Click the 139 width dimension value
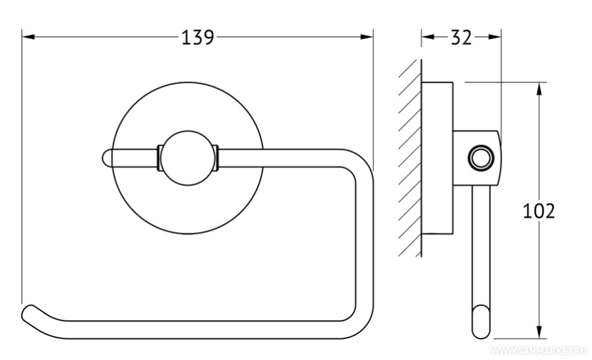pyautogui.click(x=198, y=38)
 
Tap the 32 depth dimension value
pyautogui.click(x=461, y=38)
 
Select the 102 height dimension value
pyautogui.click(x=539, y=211)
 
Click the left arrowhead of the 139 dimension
pyautogui.click(x=29, y=37)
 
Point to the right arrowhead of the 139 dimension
pyautogui.click(x=367, y=37)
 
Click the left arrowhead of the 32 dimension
pyautogui.click(x=428, y=37)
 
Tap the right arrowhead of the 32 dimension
pyautogui.click(x=494, y=37)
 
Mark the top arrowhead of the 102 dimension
pyautogui.click(x=539, y=89)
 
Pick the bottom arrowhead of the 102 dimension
pyautogui.click(x=539, y=331)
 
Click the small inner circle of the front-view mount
pyautogui.click(x=188, y=158)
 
